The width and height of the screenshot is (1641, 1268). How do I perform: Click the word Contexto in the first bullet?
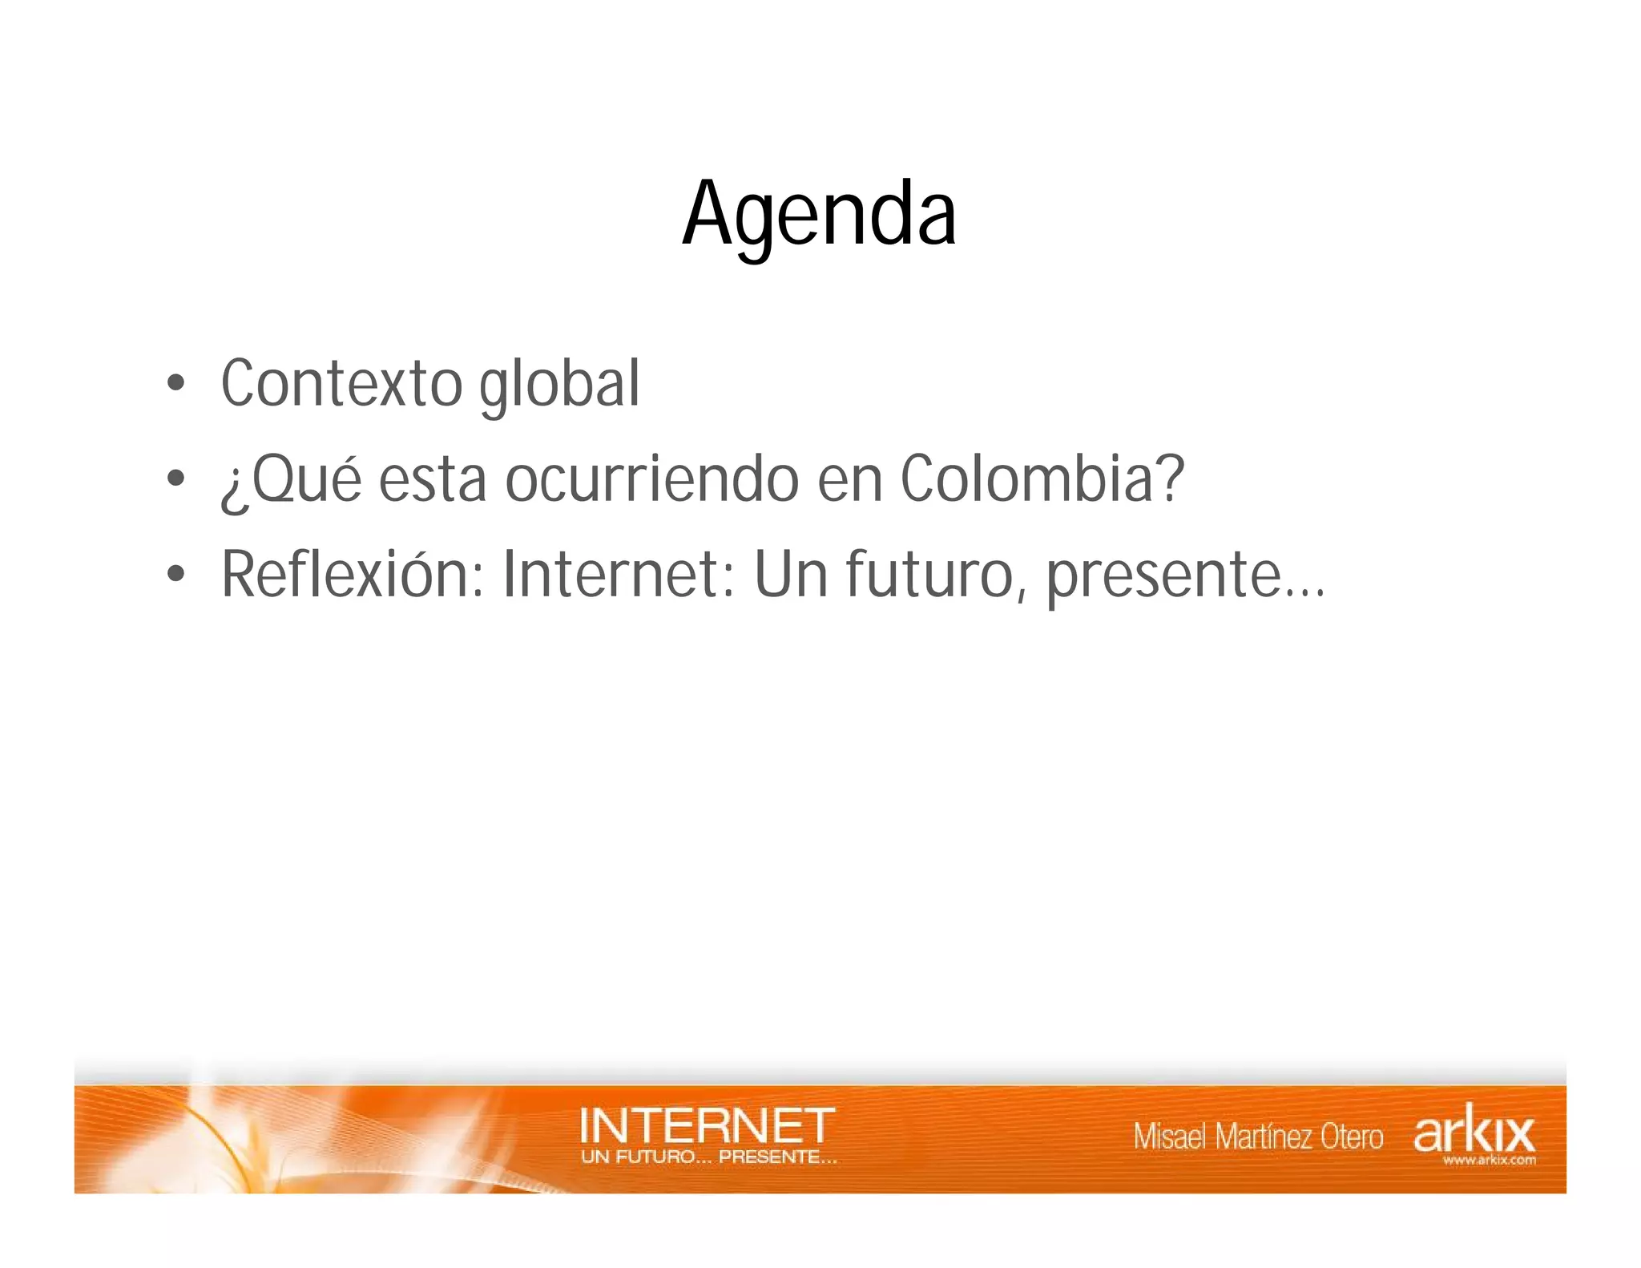tap(341, 384)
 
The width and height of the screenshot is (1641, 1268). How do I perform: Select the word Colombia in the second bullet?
tap(1027, 479)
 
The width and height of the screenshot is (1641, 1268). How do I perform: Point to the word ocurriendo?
tap(651, 479)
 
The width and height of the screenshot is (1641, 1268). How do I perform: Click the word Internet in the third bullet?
tap(618, 574)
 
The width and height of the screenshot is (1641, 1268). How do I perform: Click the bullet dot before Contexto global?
tap(175, 384)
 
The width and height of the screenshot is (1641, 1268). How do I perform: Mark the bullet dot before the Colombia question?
tap(175, 479)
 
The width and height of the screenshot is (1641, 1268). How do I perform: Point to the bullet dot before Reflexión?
tap(175, 574)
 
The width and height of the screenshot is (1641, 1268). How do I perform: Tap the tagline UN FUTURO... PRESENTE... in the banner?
tap(709, 1157)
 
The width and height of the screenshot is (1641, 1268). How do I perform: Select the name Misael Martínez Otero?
tap(1257, 1137)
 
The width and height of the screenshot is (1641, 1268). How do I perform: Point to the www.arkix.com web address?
tap(1489, 1160)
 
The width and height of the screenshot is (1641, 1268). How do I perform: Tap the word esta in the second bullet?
tap(432, 480)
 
